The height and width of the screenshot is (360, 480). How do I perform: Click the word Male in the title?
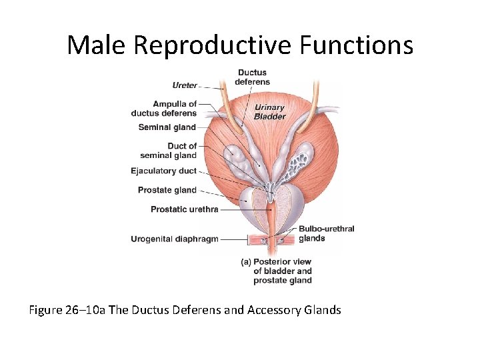pyautogui.click(x=97, y=45)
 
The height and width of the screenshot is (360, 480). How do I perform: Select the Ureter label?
pyautogui.click(x=185, y=85)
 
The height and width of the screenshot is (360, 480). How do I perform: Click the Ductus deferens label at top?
pyautogui.click(x=252, y=77)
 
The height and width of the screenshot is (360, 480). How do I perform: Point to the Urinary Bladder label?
pyautogui.click(x=269, y=112)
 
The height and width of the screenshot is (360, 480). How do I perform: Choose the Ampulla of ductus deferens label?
pyautogui.click(x=165, y=109)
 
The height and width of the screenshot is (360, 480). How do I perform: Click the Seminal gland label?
pyautogui.click(x=167, y=127)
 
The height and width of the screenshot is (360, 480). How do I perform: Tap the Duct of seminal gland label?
pyautogui.click(x=169, y=151)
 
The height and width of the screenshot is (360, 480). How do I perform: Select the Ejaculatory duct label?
pyautogui.click(x=164, y=171)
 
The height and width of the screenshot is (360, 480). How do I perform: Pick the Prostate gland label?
pyautogui.click(x=167, y=190)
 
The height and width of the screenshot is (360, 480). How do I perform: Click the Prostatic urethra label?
pyautogui.click(x=185, y=209)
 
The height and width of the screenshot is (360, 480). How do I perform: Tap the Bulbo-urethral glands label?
pyautogui.click(x=326, y=233)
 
